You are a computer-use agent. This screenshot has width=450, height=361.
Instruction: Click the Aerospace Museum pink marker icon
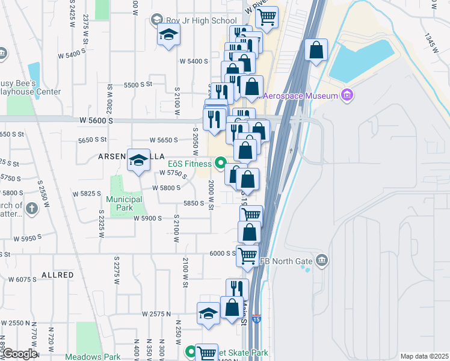coord(347,95)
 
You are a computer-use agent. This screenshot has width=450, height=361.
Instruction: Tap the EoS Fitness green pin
coord(220,163)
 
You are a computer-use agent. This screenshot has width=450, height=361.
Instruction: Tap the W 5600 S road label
coord(96,120)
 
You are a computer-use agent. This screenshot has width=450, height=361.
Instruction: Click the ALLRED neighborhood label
coord(57,275)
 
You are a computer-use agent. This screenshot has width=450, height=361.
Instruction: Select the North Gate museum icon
coord(322,260)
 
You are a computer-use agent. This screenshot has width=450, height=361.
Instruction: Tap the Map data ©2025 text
coord(424,356)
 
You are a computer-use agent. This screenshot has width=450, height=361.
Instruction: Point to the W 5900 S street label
coord(147,218)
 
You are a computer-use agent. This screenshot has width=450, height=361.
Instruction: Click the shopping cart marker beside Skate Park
coord(206,353)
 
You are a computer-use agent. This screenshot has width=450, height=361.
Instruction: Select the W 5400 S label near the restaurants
coord(194,61)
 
